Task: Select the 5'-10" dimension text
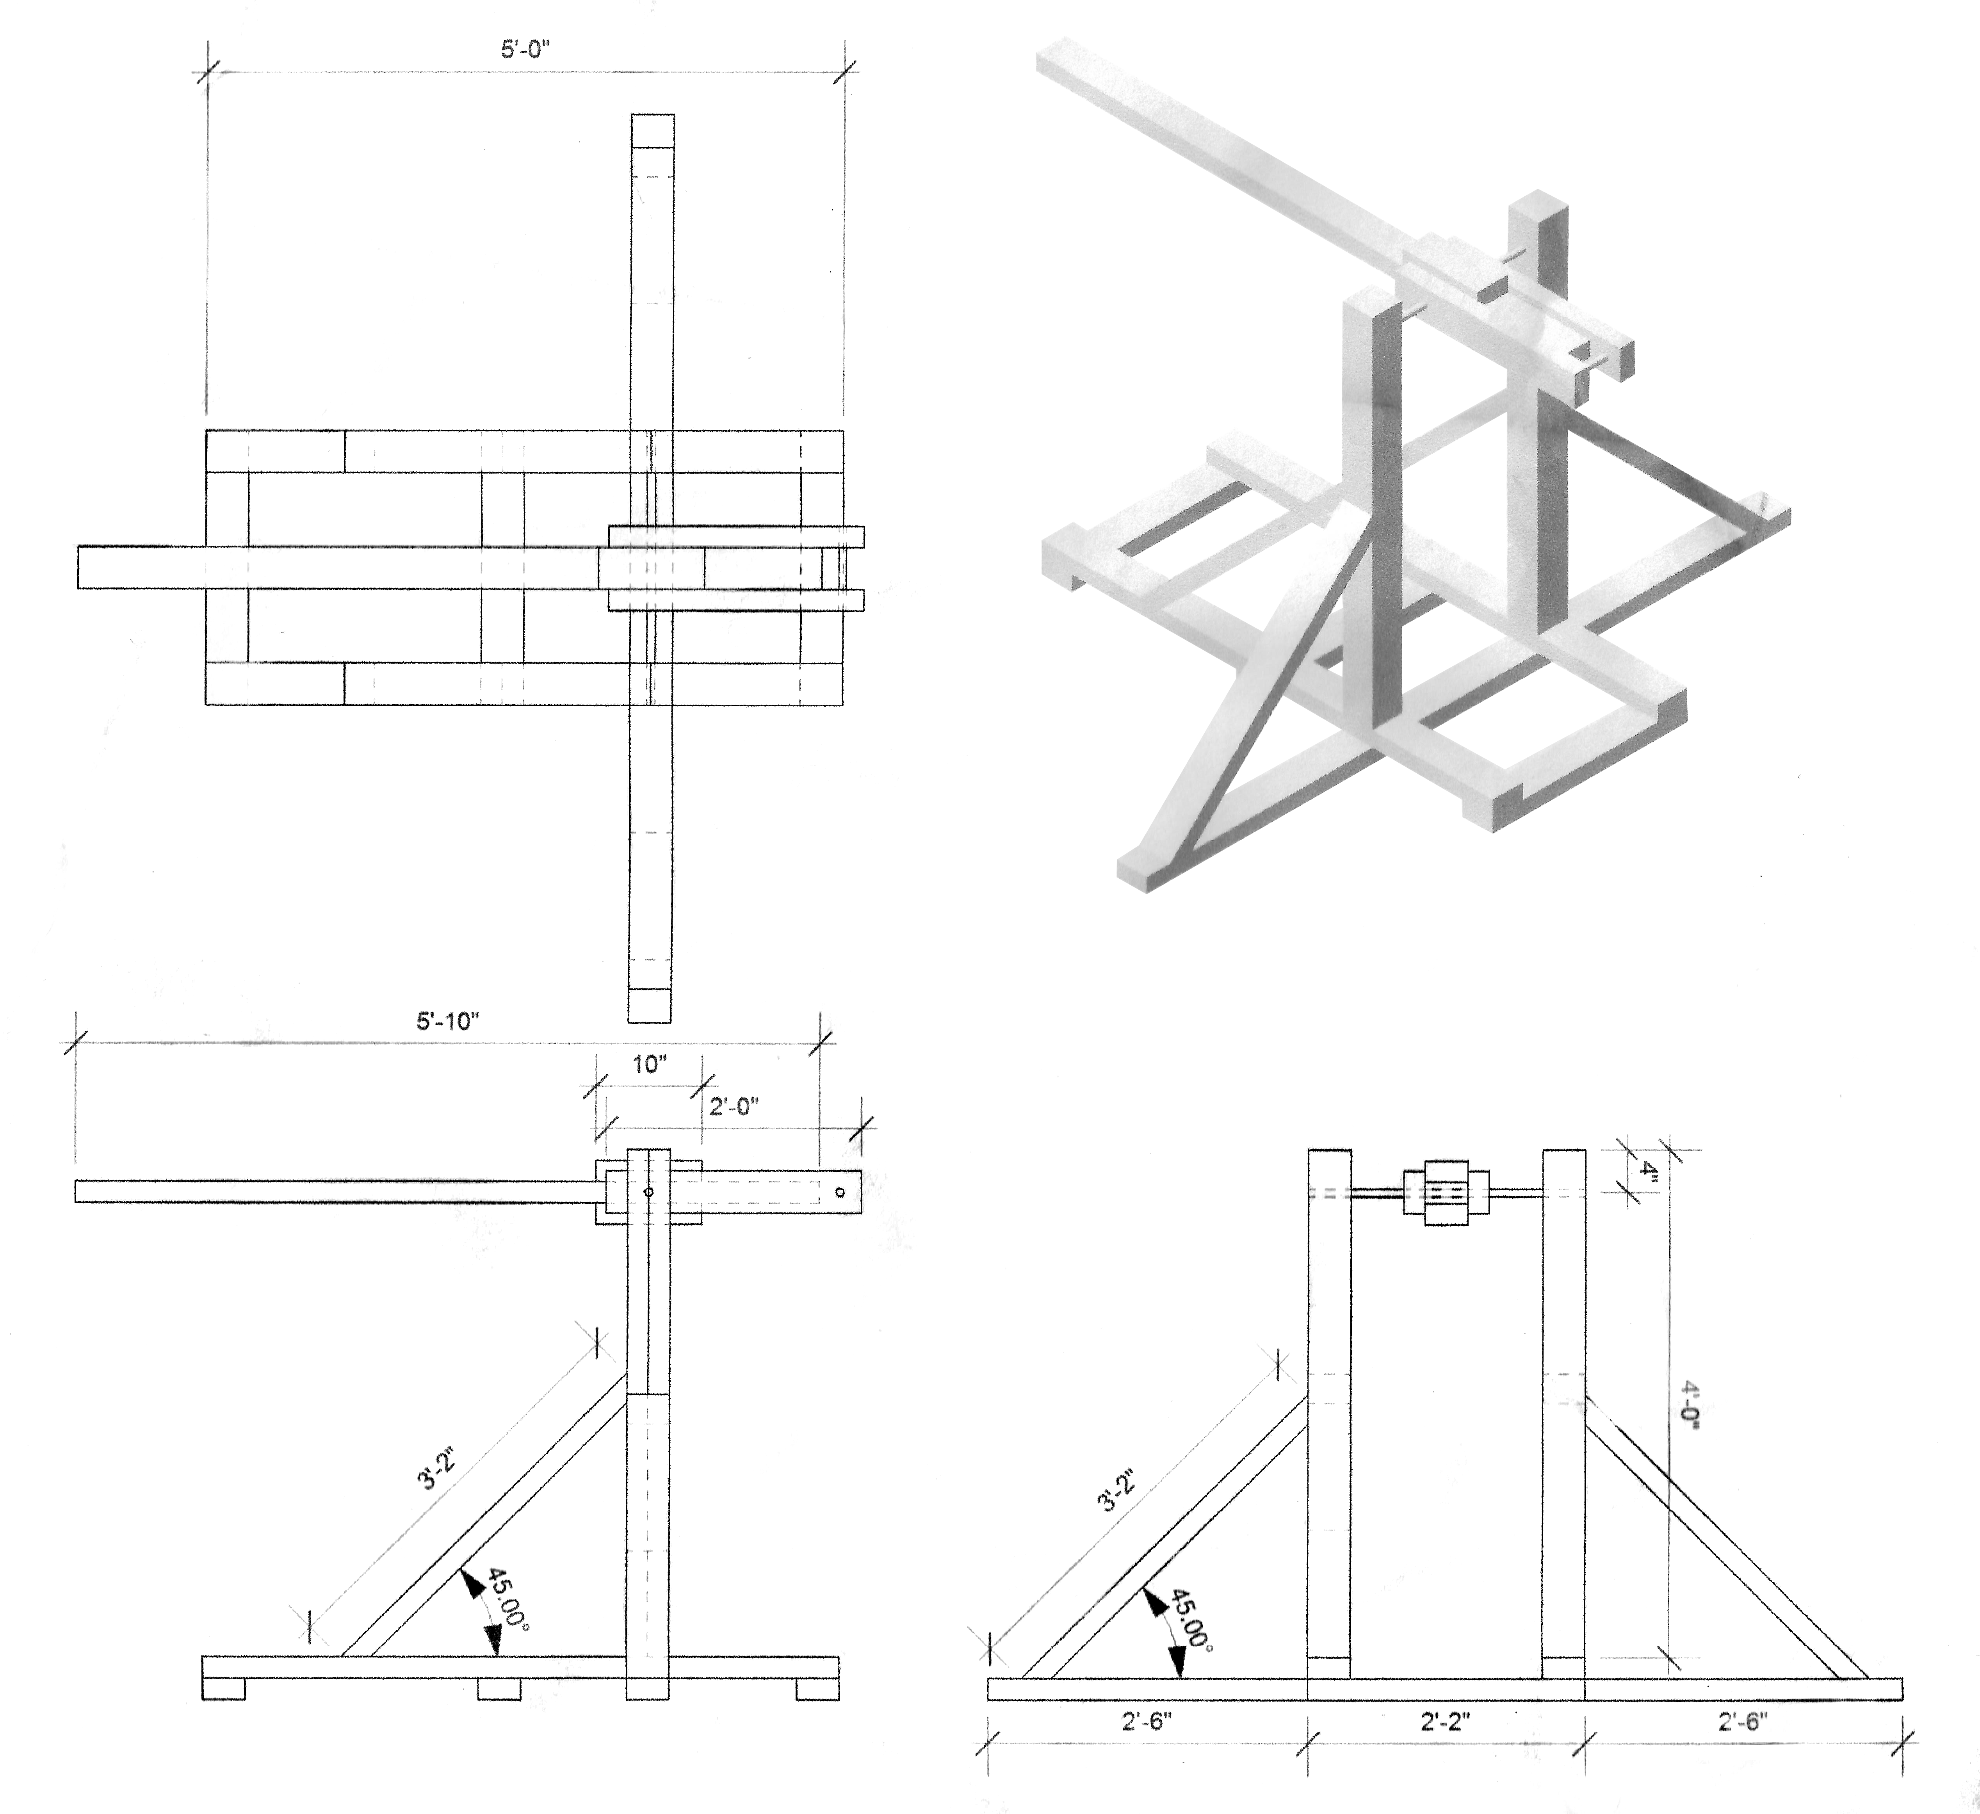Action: point(447,1020)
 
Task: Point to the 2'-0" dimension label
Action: point(734,1107)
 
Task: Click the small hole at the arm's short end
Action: point(840,1192)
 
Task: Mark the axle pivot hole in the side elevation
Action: point(648,1192)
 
